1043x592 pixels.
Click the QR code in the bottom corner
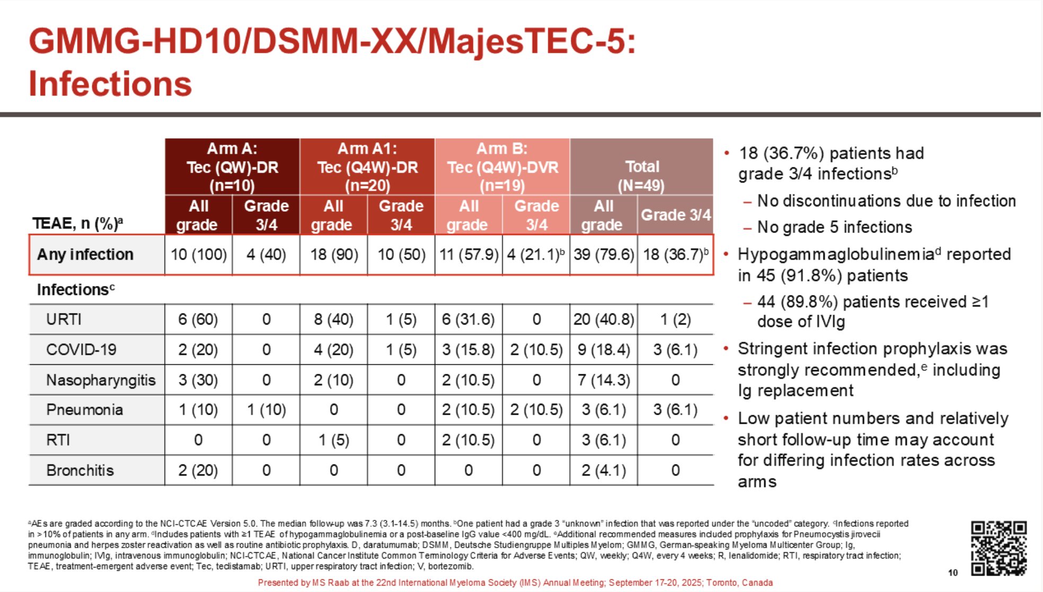tap(998, 548)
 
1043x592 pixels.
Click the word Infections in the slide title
tap(110, 84)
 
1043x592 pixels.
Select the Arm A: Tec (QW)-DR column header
tap(232, 167)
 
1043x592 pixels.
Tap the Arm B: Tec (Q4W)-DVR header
tap(502, 167)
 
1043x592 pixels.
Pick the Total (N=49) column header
tap(642, 167)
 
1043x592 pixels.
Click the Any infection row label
tap(85, 254)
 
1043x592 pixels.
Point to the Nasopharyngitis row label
tap(101, 380)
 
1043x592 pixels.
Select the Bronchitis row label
tap(80, 470)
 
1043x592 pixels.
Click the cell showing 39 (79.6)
tap(604, 254)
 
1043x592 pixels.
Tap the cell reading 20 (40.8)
tap(604, 319)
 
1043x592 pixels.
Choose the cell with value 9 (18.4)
tap(604, 349)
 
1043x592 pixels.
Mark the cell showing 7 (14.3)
tap(604, 380)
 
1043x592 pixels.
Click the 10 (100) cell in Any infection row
tap(199, 254)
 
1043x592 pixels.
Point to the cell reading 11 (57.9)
tap(469, 254)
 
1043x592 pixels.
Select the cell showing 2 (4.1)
tap(604, 470)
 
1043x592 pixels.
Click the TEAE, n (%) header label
tap(78, 223)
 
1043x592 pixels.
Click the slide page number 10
tap(953, 572)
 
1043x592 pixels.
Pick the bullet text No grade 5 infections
tap(835, 227)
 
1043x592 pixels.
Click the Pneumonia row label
tap(84, 410)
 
